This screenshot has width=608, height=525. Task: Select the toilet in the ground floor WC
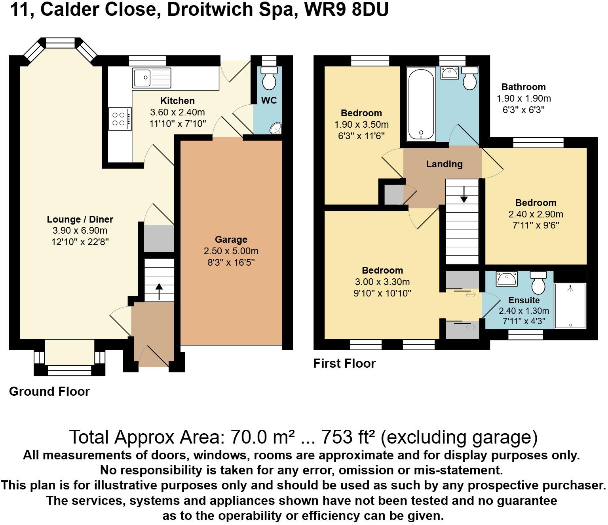270,78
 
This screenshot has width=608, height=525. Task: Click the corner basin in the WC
275,128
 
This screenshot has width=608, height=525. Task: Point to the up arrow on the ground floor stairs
159,291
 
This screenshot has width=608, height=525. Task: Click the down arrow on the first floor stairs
463,194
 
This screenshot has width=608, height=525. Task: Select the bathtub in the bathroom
421,105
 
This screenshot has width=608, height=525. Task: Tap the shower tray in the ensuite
570,305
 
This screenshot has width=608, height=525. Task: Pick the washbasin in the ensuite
506,279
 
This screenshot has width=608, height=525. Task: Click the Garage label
231,240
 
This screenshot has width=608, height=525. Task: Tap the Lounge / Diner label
80,219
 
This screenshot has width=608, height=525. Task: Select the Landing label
444,164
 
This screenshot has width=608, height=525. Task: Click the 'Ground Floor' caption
49,391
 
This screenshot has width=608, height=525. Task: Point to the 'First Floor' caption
344,363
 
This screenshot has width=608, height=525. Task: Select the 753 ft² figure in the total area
348,437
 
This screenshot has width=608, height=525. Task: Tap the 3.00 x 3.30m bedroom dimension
382,282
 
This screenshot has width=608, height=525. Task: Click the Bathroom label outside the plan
523,87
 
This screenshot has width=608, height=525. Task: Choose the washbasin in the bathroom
449,73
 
